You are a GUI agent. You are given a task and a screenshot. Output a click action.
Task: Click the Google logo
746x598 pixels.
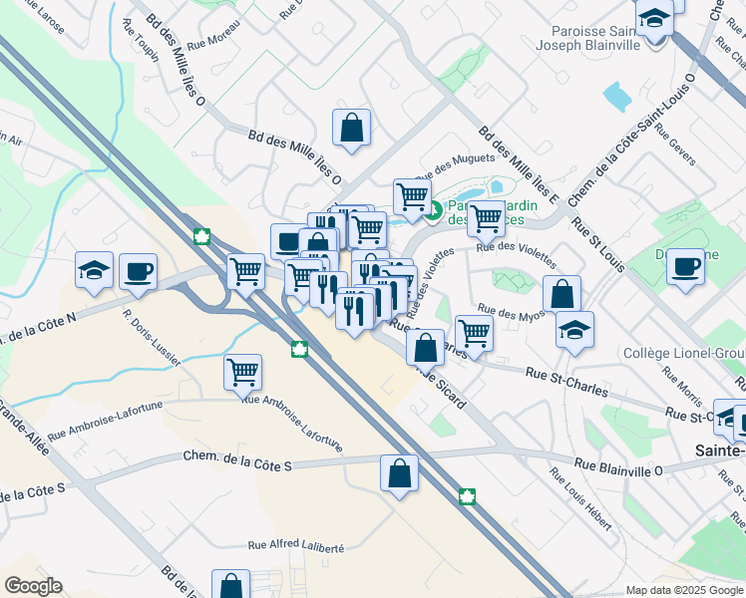coord(33,586)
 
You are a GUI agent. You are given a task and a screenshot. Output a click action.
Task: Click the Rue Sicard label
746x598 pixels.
coord(441,384)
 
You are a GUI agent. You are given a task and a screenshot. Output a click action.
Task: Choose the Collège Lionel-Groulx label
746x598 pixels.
coord(683,353)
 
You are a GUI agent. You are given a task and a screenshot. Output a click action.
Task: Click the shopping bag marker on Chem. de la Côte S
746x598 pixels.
coord(399,473)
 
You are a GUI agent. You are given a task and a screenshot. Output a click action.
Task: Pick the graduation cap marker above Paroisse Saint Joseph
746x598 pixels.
coord(654,20)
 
